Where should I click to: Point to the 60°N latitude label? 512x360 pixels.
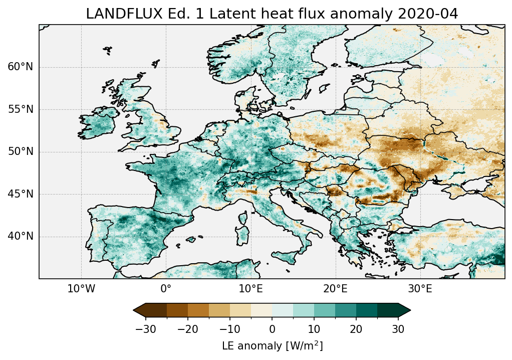tap(21, 67)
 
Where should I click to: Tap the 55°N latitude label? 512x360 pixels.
tap(21, 109)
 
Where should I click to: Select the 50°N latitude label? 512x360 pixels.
tap(21, 151)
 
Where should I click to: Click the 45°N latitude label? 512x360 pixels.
tap(21, 194)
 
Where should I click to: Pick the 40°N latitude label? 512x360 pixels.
tap(21, 236)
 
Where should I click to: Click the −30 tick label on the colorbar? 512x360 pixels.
tap(146, 329)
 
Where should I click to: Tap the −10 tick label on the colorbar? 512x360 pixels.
tap(229, 329)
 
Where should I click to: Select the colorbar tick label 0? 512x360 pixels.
tap(272, 329)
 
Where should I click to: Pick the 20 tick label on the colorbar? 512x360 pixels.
tap(356, 329)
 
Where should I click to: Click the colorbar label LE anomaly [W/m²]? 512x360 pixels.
tap(272, 346)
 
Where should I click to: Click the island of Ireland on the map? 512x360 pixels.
tap(98, 123)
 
